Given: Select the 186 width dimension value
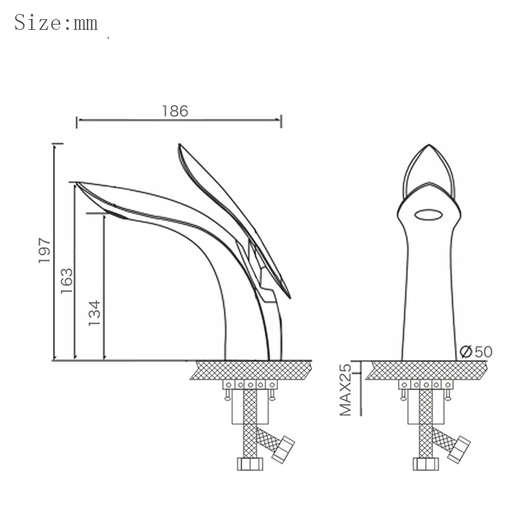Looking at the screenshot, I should (175, 111).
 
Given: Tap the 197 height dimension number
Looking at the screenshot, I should (44, 251).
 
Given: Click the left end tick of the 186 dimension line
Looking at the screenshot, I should (78, 121).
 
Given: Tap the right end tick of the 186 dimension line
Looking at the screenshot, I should (282, 121).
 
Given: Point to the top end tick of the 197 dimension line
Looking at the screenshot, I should (58, 143).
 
